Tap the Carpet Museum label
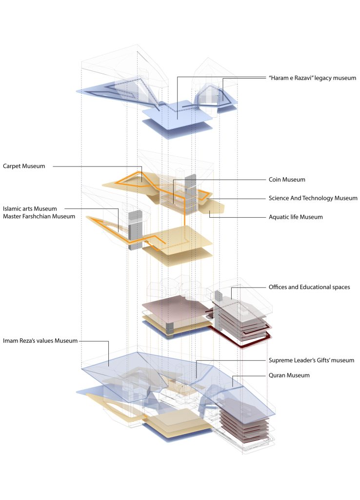(24, 166)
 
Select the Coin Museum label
(287, 179)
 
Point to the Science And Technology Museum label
(313, 198)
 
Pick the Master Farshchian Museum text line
(39, 216)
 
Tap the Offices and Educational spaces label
(309, 287)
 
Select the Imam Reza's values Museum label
(40, 340)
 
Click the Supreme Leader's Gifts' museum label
(311, 360)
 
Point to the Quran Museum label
(289, 375)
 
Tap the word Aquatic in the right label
(280, 217)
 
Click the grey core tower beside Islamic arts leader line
(134, 230)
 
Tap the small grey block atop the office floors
(218, 295)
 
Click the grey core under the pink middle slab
(170, 329)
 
